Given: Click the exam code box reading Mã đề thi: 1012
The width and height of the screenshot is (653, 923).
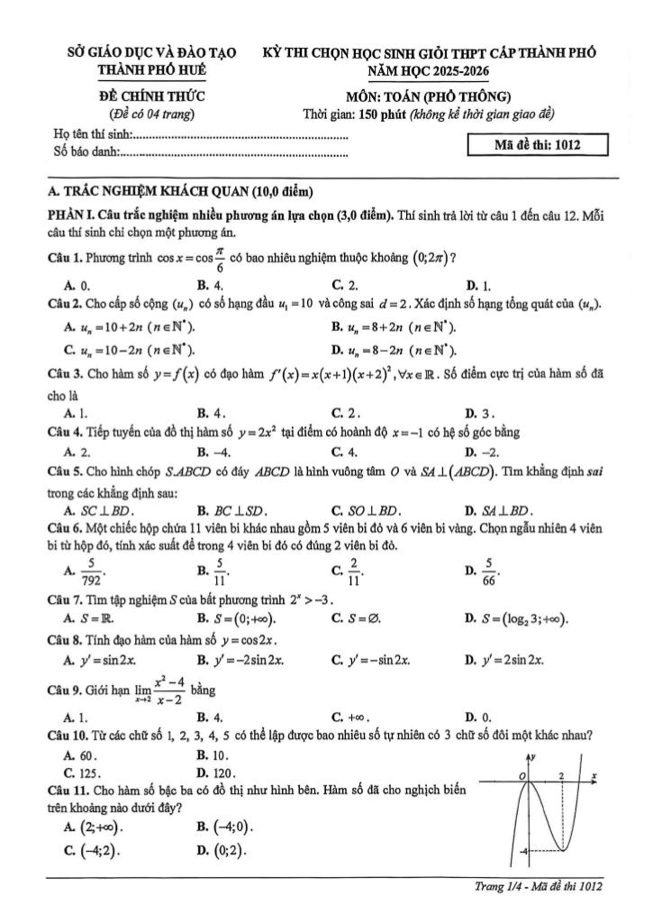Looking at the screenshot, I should (x=539, y=146).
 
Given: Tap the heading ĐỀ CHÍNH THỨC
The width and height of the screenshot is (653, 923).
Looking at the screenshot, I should (x=150, y=96).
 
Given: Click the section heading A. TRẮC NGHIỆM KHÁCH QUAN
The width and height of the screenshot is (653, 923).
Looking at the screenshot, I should (x=180, y=191).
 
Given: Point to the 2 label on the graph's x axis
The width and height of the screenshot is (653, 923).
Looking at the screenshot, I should (x=560, y=775).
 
